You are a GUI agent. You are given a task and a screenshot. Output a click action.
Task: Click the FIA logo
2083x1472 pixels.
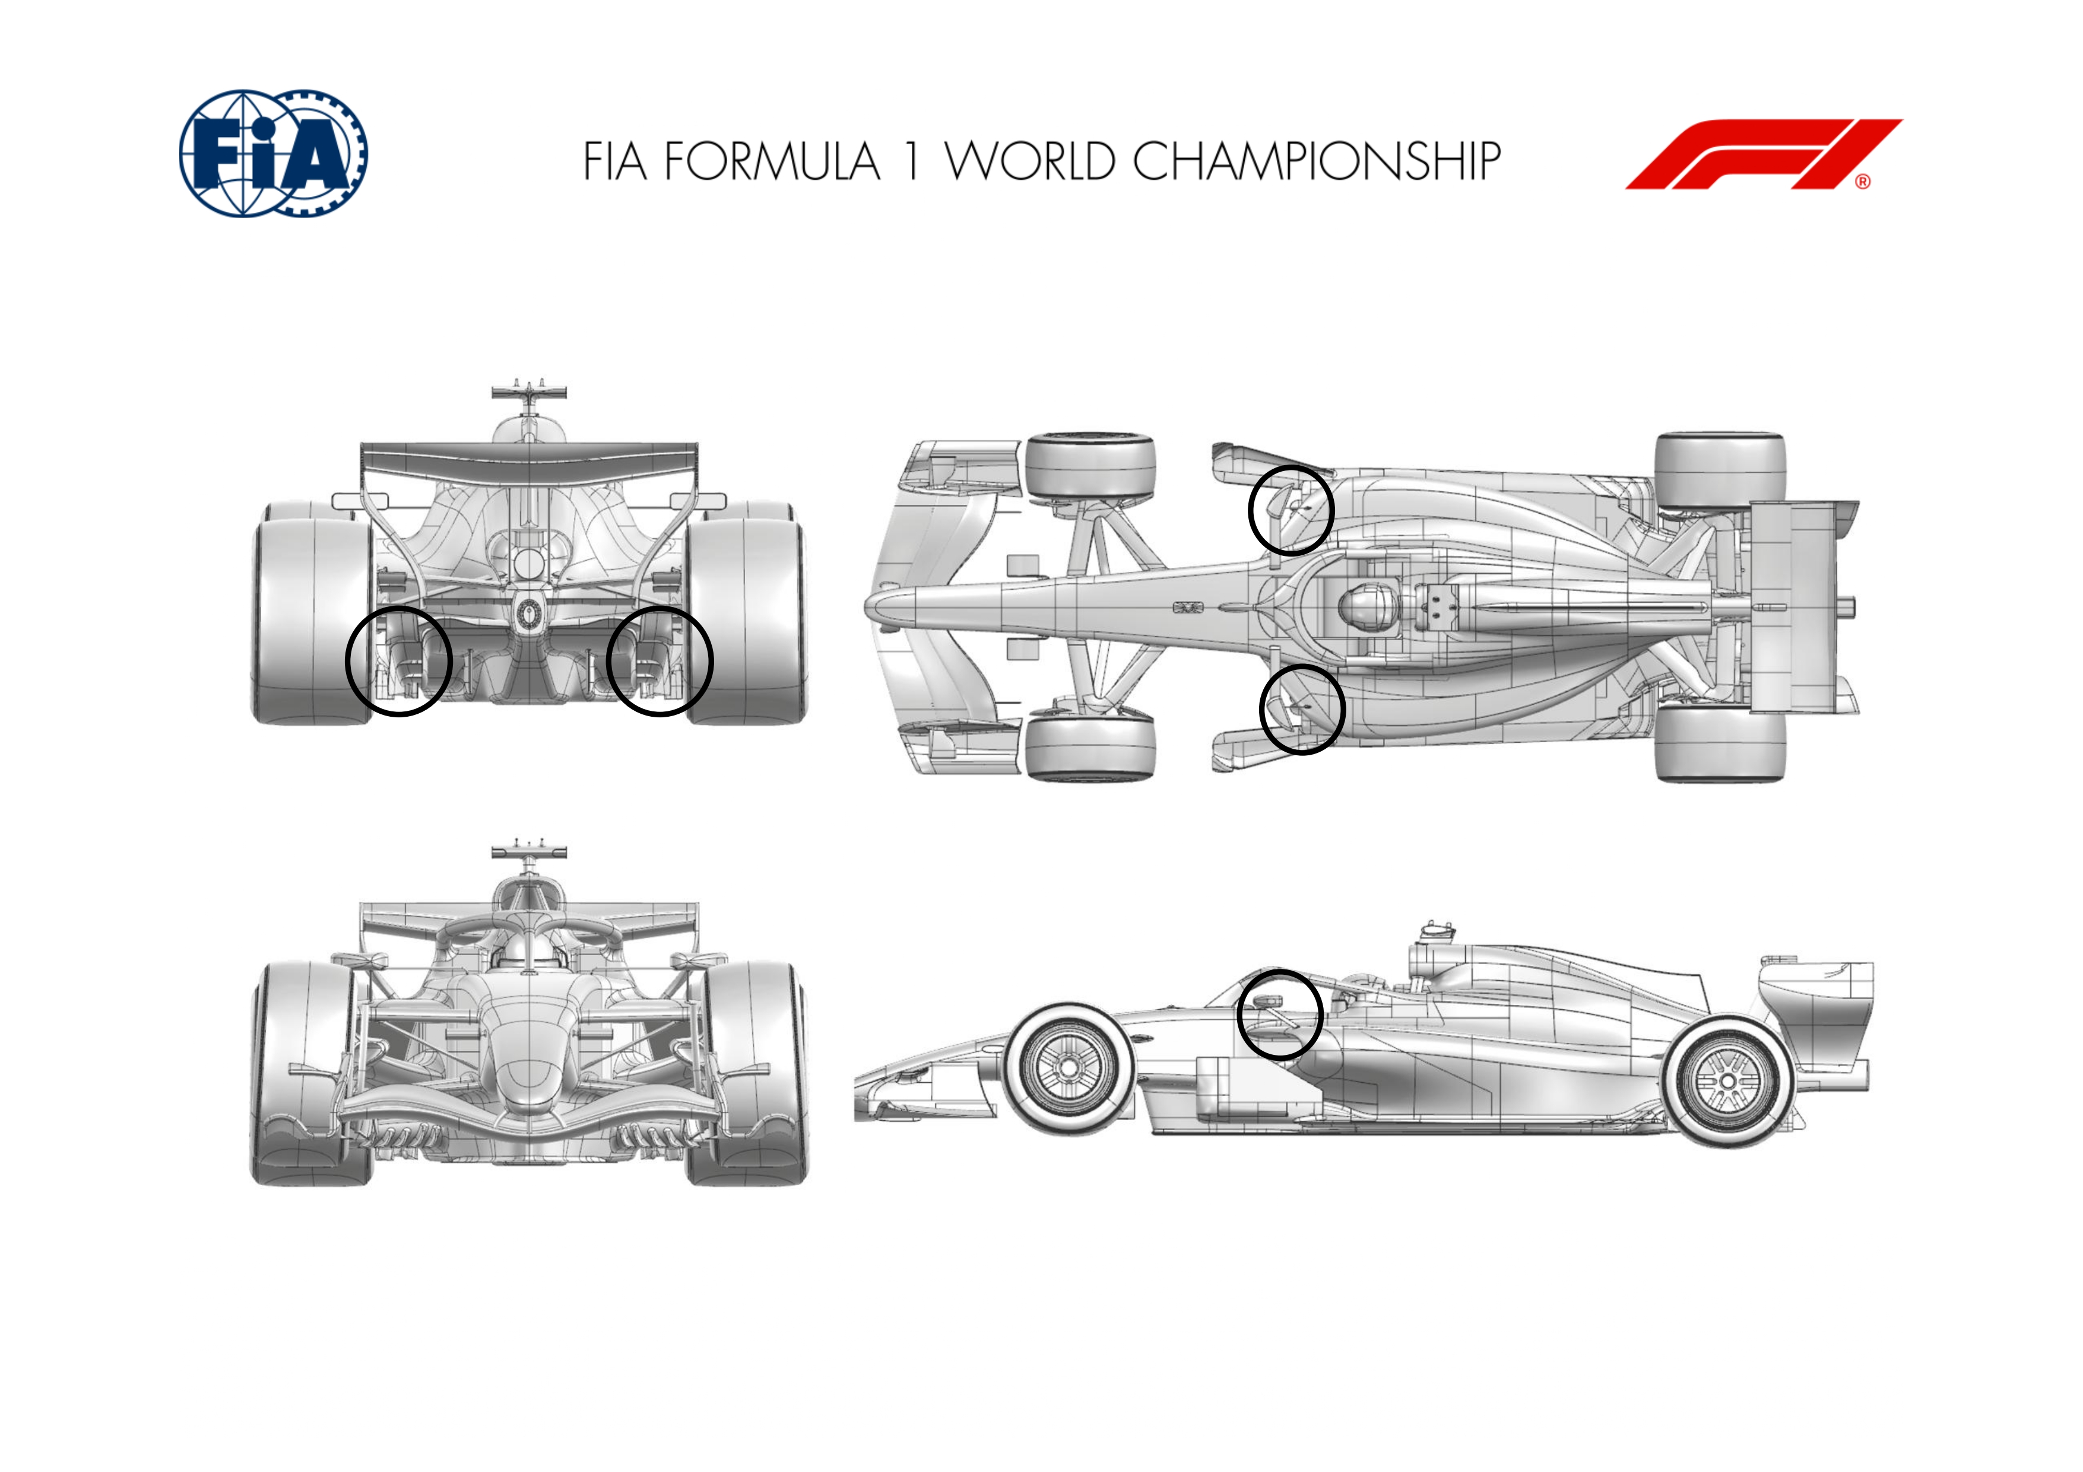tap(273, 152)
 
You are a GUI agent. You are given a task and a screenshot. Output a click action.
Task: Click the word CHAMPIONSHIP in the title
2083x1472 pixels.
tap(1317, 161)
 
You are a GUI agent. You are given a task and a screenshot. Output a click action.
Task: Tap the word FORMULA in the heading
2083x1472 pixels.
tap(772, 161)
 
